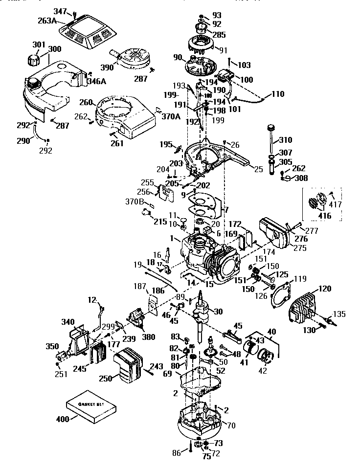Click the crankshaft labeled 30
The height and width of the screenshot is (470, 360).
[202, 318]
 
